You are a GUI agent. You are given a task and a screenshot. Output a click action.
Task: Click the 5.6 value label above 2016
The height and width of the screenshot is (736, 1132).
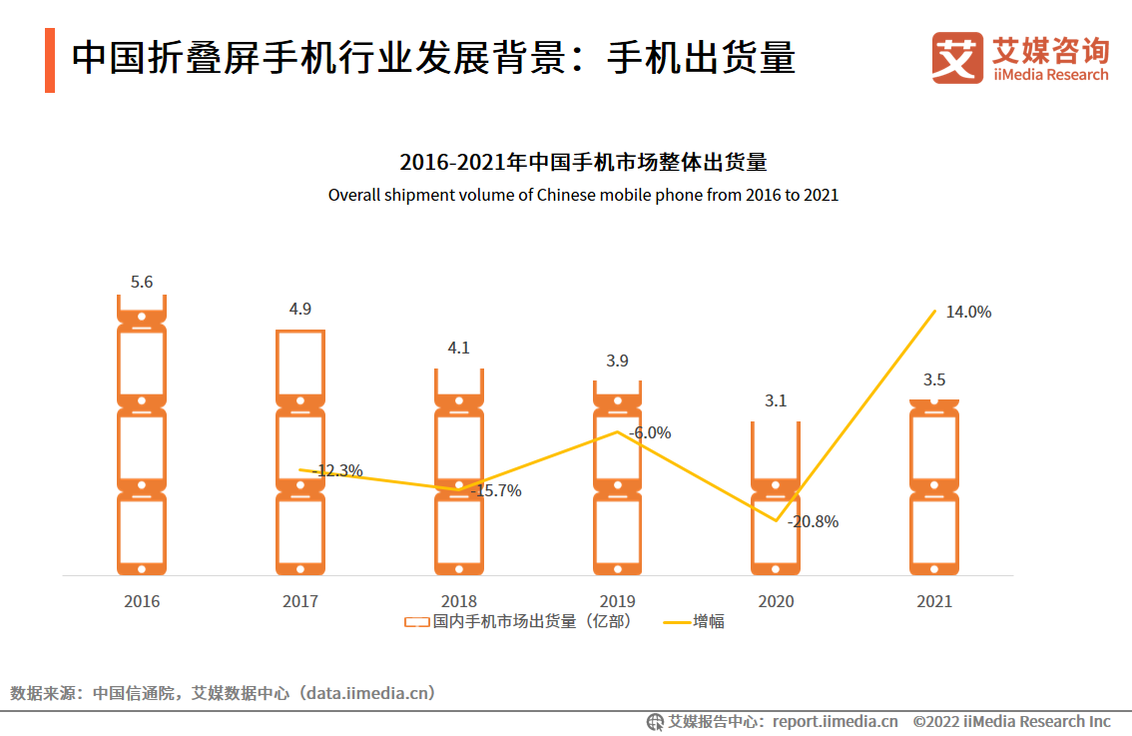pyautogui.click(x=142, y=283)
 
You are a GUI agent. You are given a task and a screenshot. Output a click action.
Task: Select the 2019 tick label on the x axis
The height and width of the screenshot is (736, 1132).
pyautogui.click(x=617, y=601)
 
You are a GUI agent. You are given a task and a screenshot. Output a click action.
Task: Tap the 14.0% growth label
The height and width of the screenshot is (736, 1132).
pyautogui.click(x=968, y=312)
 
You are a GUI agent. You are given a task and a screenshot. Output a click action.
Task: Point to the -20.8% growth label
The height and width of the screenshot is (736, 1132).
pyautogui.click(x=813, y=521)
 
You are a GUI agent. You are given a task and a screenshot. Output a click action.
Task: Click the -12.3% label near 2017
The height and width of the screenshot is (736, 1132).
pyautogui.click(x=337, y=470)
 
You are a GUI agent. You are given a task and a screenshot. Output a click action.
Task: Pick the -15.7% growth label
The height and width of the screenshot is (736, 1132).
pyautogui.click(x=496, y=490)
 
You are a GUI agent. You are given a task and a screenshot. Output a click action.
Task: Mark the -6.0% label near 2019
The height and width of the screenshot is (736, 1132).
pyautogui.click(x=650, y=432)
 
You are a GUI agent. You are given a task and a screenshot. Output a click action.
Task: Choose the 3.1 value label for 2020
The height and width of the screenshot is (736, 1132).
pyautogui.click(x=776, y=401)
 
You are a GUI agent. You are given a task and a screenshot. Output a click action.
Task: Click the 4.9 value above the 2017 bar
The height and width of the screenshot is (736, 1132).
pyautogui.click(x=300, y=310)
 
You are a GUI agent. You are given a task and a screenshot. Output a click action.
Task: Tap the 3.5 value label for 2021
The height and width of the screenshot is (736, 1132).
pyautogui.click(x=934, y=379)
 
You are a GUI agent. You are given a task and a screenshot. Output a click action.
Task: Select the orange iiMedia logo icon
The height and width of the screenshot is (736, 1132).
pyautogui.click(x=957, y=57)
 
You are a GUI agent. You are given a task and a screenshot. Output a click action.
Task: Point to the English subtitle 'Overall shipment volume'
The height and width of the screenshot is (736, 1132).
pyautogui.click(x=583, y=195)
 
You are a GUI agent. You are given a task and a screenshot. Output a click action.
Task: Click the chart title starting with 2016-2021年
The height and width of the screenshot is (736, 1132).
pyautogui.click(x=583, y=162)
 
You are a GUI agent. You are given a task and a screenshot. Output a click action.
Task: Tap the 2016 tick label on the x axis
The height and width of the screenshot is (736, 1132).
pyautogui.click(x=142, y=601)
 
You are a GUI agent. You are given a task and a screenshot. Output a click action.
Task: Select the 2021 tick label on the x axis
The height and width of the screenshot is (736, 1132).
pyautogui.click(x=934, y=601)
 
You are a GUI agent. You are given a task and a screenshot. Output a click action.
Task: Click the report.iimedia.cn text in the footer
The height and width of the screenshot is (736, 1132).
pyautogui.click(x=835, y=721)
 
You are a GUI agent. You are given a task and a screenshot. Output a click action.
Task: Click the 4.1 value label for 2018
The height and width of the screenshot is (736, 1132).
pyautogui.click(x=459, y=349)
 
